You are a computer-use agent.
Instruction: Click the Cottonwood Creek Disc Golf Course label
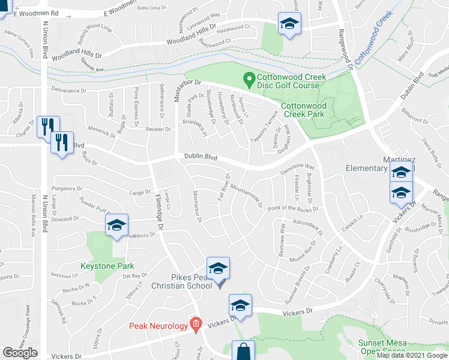click(292, 82)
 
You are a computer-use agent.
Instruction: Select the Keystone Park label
click(107, 266)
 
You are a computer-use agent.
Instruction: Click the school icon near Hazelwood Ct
click(289, 24)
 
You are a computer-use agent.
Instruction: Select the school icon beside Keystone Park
click(117, 226)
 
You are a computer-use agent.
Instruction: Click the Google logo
click(20, 353)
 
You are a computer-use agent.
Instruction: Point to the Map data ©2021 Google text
click(412, 355)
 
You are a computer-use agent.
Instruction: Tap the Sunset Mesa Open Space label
click(382, 347)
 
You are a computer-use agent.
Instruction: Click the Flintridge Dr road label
click(158, 213)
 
